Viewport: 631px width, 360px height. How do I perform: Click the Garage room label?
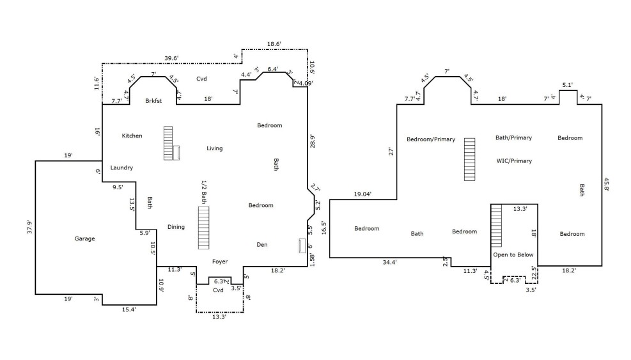click(84, 239)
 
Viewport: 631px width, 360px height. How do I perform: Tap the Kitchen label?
click(132, 136)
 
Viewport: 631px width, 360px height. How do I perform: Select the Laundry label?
click(121, 168)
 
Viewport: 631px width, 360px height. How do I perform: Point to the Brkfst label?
click(154, 100)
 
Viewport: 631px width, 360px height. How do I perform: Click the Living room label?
click(215, 148)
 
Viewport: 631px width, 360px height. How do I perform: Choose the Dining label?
click(176, 227)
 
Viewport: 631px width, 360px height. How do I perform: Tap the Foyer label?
click(220, 262)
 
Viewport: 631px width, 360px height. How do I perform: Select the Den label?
click(262, 244)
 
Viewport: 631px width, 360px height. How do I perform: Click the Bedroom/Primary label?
click(431, 139)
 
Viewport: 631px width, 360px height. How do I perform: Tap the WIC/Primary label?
click(514, 161)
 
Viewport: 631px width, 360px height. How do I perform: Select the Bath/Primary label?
click(513, 137)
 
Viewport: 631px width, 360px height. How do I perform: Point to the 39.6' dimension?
click(171, 58)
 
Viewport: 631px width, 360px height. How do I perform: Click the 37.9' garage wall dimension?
click(29, 228)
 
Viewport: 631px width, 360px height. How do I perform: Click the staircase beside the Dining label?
click(204, 228)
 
